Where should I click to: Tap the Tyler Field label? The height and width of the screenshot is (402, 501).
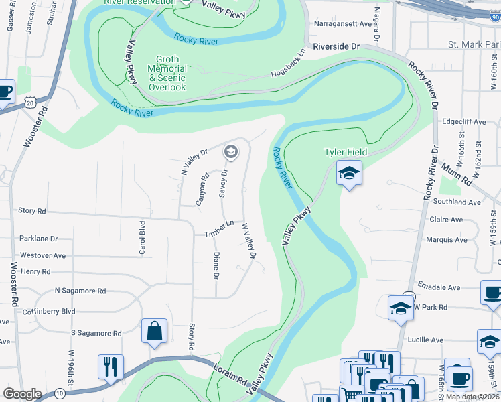(343, 153)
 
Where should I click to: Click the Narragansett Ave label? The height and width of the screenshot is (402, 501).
(342, 24)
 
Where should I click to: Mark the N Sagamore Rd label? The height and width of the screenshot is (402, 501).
(80, 291)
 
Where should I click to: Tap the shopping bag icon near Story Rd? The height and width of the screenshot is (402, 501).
(154, 330)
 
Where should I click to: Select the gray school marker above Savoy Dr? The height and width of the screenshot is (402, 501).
(231, 152)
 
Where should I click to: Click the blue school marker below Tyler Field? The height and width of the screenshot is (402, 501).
(349, 173)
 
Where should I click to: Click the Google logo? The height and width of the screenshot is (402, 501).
(22, 394)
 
